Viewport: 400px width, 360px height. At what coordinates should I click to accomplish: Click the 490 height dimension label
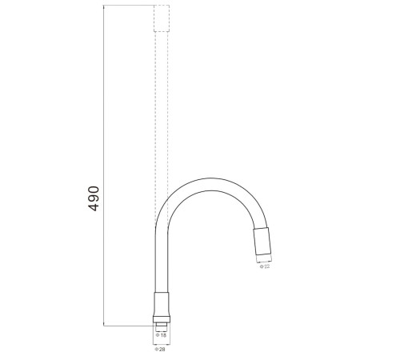click(x=94, y=198)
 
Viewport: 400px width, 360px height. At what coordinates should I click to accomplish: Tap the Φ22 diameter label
click(x=265, y=266)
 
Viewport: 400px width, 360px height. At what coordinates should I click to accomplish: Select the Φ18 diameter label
click(x=161, y=335)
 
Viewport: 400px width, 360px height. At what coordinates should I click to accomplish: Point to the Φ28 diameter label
click(x=160, y=349)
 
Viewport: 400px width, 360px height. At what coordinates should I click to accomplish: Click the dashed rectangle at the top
click(x=162, y=18)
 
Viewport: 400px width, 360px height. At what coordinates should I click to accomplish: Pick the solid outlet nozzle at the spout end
click(x=262, y=242)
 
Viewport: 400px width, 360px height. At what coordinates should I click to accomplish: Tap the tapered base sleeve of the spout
click(x=162, y=304)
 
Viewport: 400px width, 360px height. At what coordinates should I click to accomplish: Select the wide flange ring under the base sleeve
click(x=162, y=319)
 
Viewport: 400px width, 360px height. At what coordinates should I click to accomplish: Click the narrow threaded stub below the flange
click(x=162, y=325)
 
